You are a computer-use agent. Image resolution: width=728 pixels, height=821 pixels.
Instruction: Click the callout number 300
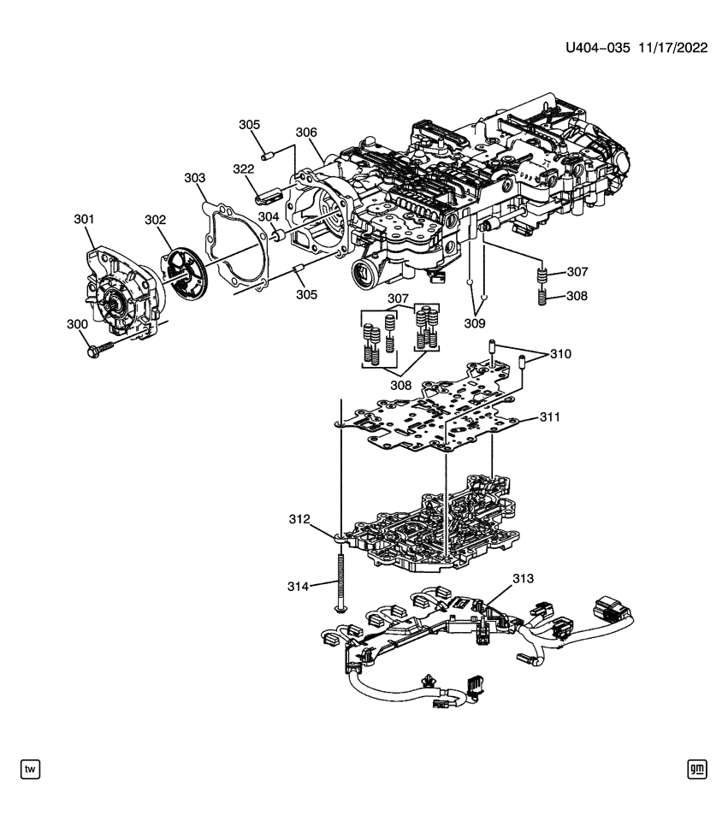point(78,324)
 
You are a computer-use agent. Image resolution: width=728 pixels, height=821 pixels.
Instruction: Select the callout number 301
point(83,220)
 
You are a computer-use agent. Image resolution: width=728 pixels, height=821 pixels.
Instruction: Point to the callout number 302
point(155,220)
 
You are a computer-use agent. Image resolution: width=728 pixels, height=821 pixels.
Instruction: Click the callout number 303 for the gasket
point(195,177)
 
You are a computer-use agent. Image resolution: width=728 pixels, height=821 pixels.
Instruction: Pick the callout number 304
point(269,216)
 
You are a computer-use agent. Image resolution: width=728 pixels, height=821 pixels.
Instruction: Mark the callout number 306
point(306,133)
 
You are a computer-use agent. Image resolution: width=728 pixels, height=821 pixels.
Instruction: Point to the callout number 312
point(299,519)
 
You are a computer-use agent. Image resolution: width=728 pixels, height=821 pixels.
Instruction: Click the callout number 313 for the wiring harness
point(523,579)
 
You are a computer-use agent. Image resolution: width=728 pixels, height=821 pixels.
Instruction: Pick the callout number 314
point(298,586)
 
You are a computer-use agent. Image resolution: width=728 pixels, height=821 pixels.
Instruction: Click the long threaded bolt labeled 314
point(341,582)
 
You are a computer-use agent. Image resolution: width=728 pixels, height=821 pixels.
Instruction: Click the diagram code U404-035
point(597,49)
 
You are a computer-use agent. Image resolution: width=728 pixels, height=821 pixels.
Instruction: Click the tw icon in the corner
point(30,770)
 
